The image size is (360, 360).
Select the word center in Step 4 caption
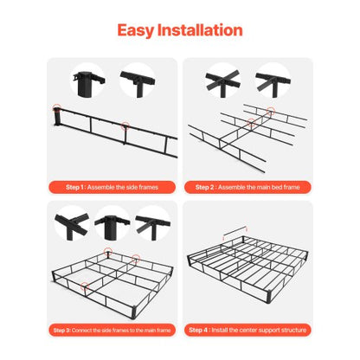pos(249,330)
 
